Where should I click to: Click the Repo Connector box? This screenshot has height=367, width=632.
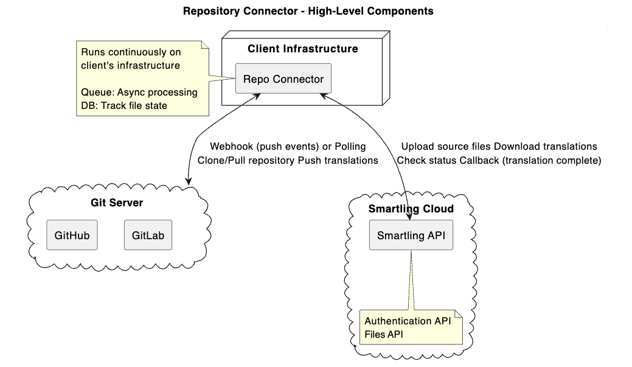(x=283, y=79)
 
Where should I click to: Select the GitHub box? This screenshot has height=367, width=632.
(x=72, y=235)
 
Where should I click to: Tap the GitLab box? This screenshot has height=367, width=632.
(x=148, y=235)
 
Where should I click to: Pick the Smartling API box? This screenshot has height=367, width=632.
(x=411, y=235)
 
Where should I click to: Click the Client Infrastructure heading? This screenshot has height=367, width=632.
(x=302, y=49)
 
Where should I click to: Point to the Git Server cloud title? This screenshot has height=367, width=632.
(x=117, y=203)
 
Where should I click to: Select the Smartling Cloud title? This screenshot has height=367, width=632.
(x=411, y=209)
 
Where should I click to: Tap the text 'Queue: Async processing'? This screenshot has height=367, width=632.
(x=139, y=93)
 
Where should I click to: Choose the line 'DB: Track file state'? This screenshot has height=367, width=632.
(x=123, y=105)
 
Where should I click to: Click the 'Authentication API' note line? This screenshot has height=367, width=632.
(x=408, y=321)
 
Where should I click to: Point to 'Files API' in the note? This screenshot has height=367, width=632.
(x=383, y=334)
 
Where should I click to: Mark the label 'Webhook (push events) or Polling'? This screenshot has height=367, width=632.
(x=288, y=147)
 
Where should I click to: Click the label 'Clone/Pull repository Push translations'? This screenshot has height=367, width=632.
(x=288, y=160)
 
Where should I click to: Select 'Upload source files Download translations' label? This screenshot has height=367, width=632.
(x=499, y=147)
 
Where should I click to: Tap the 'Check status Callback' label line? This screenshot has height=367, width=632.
(x=499, y=160)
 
